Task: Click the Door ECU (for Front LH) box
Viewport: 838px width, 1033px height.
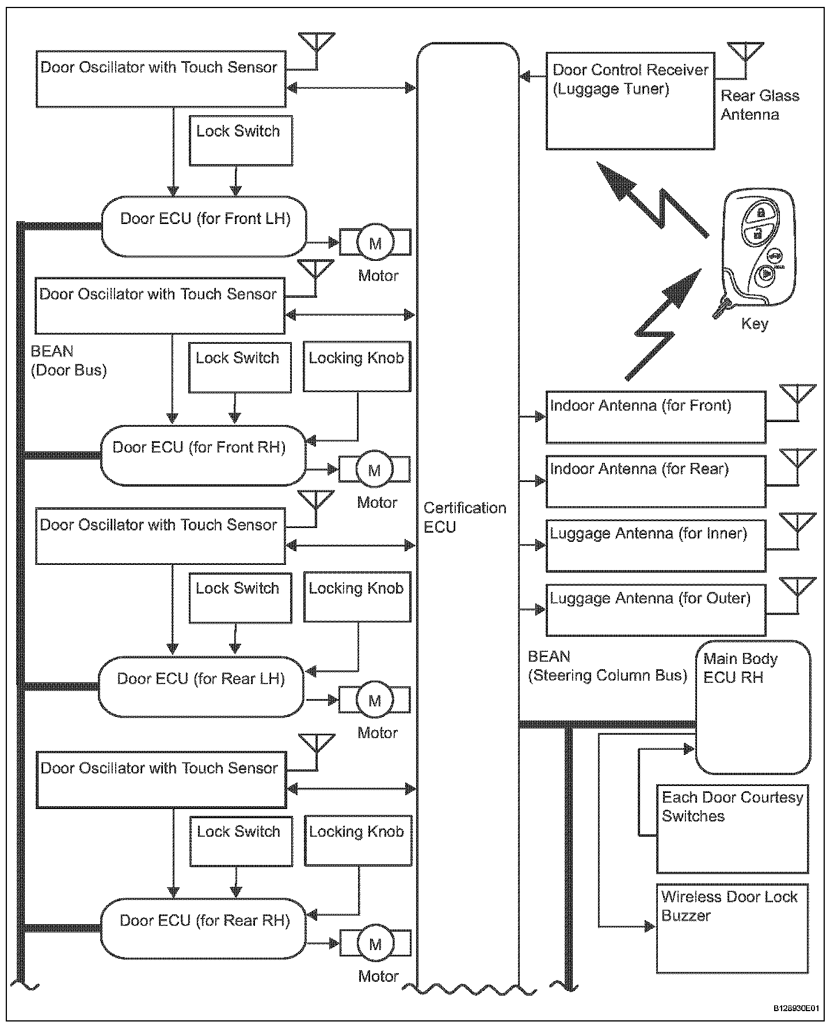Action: point(204,226)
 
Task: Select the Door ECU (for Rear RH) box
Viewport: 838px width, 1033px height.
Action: point(204,928)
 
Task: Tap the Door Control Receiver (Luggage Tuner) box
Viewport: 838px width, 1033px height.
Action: point(630,101)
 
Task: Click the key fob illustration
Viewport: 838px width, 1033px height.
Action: point(758,250)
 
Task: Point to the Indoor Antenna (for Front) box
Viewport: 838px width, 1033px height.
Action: point(656,417)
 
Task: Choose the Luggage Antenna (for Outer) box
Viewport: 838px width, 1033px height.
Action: point(656,609)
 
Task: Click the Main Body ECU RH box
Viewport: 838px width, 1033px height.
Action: point(753,707)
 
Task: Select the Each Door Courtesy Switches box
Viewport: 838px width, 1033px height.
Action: point(732,829)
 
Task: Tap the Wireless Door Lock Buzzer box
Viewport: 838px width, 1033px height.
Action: point(732,928)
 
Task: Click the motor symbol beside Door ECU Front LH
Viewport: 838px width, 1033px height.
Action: point(375,242)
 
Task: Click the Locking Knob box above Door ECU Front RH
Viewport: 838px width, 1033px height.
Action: point(357,366)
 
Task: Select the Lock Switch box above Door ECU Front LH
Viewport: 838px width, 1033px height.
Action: point(241,140)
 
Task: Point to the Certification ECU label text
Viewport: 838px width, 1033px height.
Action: point(464,517)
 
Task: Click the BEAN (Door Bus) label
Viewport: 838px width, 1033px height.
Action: point(68,360)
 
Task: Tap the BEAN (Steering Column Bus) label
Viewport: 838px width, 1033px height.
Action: point(607,666)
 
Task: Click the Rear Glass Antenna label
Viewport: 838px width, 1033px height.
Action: point(759,105)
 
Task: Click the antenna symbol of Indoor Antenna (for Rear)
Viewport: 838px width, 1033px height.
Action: point(798,461)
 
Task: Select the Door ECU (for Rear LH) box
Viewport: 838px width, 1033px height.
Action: point(201,686)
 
